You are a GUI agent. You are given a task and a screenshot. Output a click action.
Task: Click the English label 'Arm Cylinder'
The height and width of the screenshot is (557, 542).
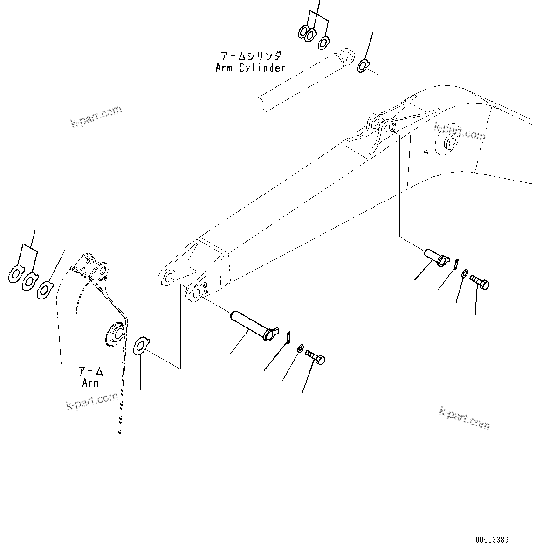coord(250,68)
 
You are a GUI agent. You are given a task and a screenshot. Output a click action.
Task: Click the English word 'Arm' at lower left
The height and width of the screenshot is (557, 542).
coord(90,383)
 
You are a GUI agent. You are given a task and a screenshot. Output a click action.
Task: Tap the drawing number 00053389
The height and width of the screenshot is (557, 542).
coord(492,540)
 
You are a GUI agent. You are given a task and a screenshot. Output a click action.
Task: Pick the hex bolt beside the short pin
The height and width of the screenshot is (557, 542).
coord(479,282)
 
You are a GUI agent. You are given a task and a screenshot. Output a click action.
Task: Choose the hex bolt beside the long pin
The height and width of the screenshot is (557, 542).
coord(316,357)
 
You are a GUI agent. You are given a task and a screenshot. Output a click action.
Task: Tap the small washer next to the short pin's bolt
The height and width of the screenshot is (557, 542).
coord(465,273)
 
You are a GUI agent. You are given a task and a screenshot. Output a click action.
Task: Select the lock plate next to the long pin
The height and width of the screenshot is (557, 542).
coord(288,336)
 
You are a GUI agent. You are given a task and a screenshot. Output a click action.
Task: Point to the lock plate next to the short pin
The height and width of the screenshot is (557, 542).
coord(457,264)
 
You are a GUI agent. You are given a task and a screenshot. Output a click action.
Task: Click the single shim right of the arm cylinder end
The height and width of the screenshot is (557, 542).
coord(363,66)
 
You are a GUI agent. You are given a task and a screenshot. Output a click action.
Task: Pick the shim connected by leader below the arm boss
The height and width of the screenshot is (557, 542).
coord(140,345)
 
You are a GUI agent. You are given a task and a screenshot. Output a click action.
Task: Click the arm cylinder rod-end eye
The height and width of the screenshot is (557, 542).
coord(346,57)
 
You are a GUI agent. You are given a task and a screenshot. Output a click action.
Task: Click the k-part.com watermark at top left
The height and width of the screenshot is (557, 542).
coord(96,116)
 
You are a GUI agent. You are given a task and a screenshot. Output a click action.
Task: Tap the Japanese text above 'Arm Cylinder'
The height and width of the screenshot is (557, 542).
coord(251,56)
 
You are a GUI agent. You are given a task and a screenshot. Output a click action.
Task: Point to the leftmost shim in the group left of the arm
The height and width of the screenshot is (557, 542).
coord(16,274)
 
